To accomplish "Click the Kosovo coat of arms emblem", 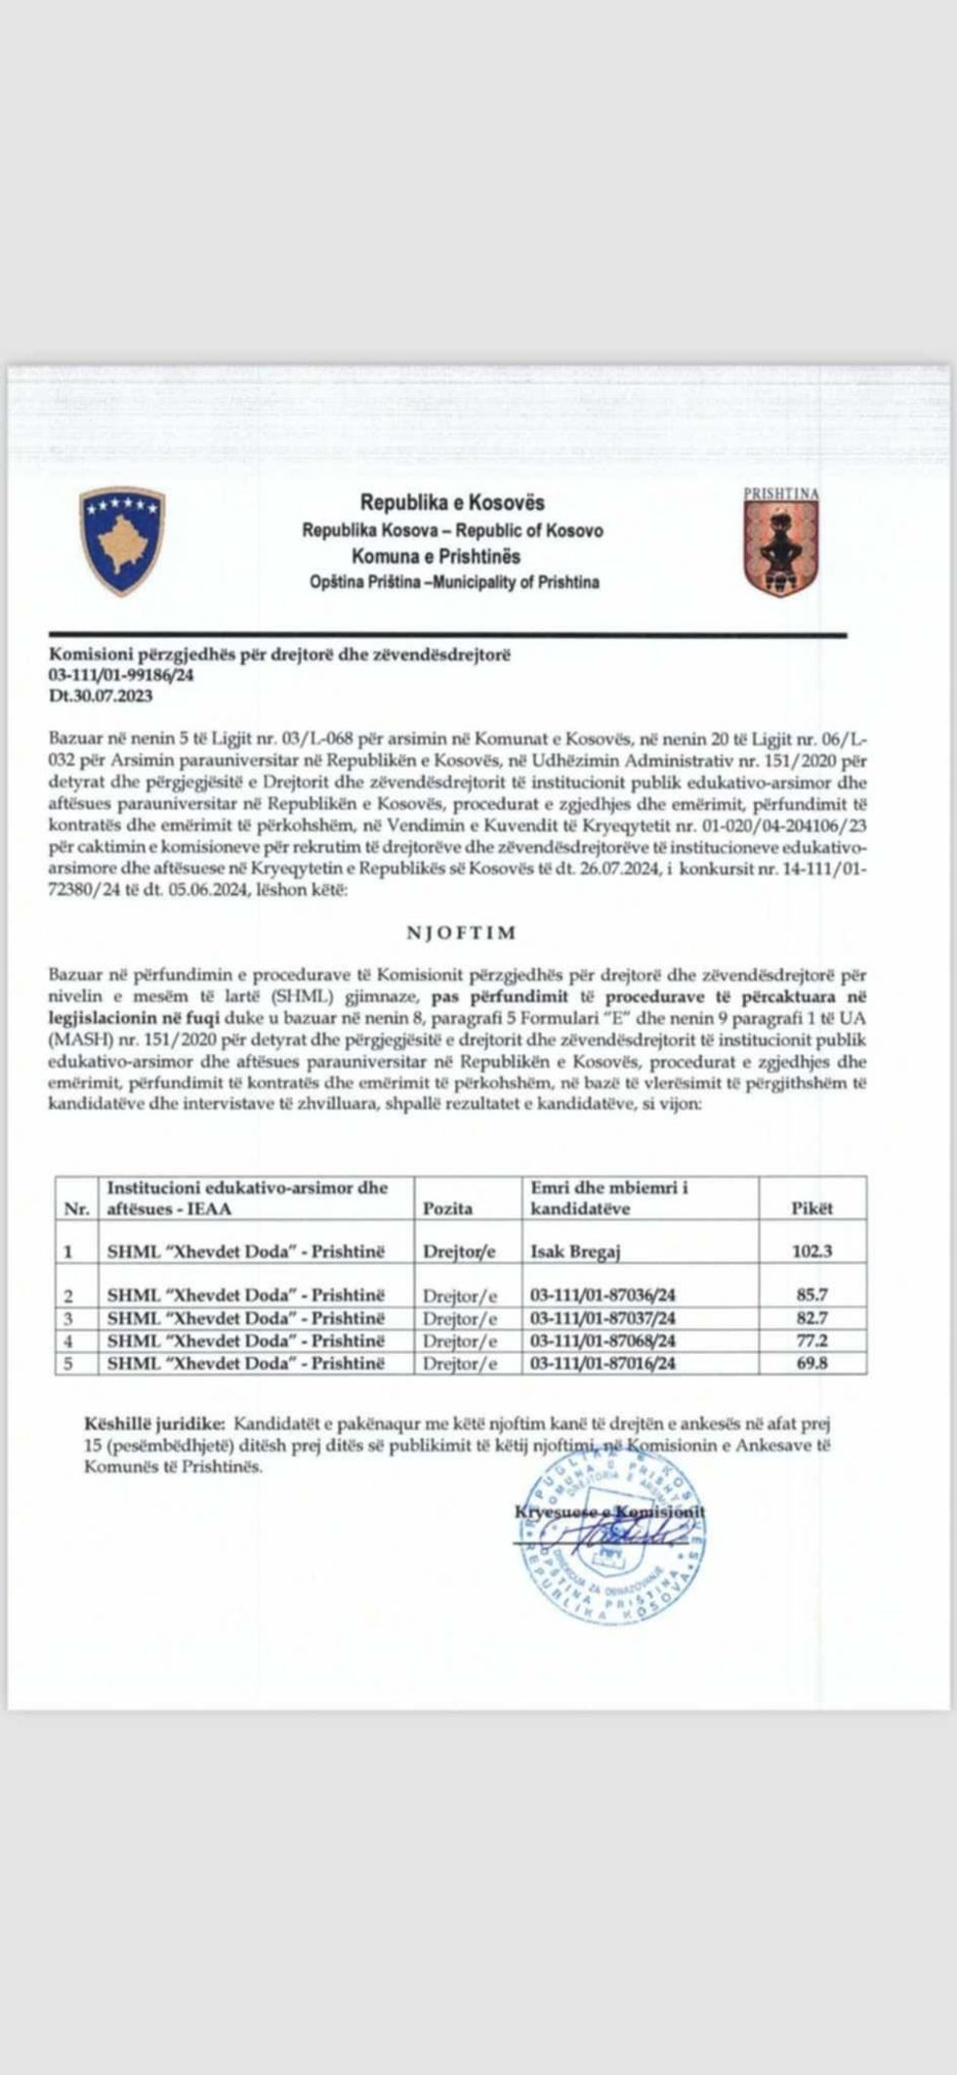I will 122,540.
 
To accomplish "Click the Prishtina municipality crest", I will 781,541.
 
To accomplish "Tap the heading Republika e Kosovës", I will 452,503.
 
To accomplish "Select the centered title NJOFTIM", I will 460,933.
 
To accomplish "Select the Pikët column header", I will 811,1208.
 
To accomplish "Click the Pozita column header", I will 447,1208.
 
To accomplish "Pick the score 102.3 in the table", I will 812,1251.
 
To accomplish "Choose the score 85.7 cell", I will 812,1295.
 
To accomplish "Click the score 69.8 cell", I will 812,1362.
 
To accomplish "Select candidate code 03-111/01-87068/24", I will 603,1340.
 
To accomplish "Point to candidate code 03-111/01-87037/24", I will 603,1318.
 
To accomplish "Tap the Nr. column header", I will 76,1209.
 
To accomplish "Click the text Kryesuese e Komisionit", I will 610,1512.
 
